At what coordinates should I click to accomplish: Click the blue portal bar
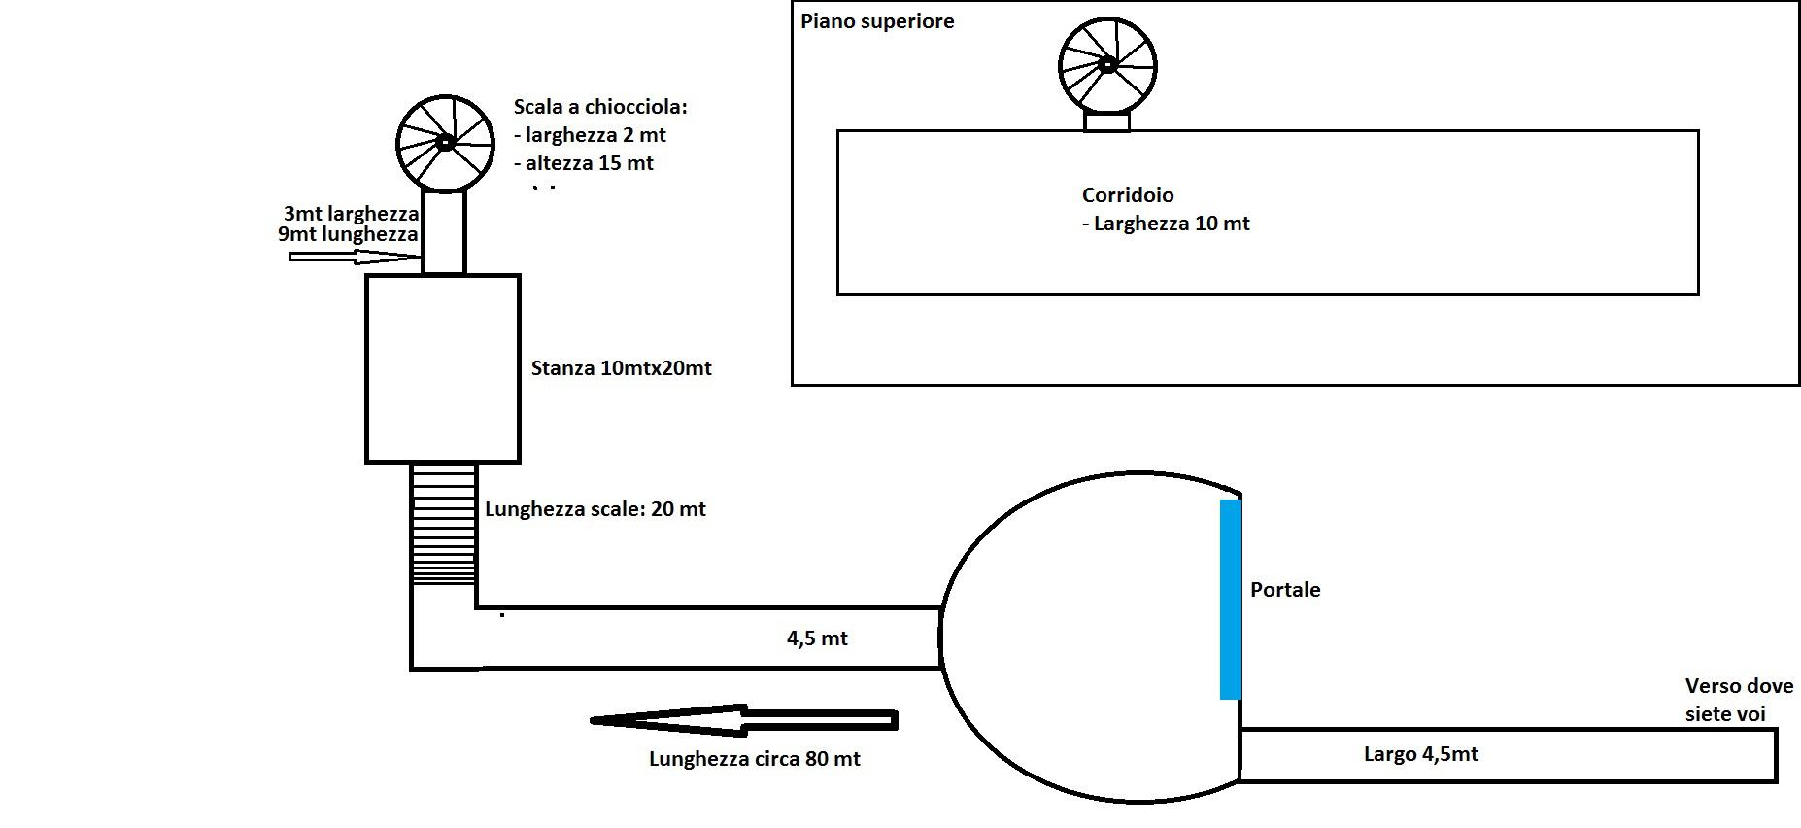point(1230,599)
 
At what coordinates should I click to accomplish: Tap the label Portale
point(1284,590)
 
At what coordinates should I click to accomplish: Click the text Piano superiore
point(876,21)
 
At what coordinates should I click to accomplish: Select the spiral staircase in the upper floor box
point(1106,65)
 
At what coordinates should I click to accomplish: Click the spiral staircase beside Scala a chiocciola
point(445,143)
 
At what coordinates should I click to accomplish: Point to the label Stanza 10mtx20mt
point(621,368)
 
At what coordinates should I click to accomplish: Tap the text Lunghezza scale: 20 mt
point(595,509)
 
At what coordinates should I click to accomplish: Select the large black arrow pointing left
point(743,720)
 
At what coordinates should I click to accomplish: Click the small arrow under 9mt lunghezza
point(354,258)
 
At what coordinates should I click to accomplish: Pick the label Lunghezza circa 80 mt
point(754,759)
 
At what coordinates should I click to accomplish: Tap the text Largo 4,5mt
point(1420,754)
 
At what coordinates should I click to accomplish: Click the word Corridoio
point(1127,195)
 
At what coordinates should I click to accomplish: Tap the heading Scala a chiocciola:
point(599,107)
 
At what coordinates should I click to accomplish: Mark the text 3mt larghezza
point(351,214)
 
